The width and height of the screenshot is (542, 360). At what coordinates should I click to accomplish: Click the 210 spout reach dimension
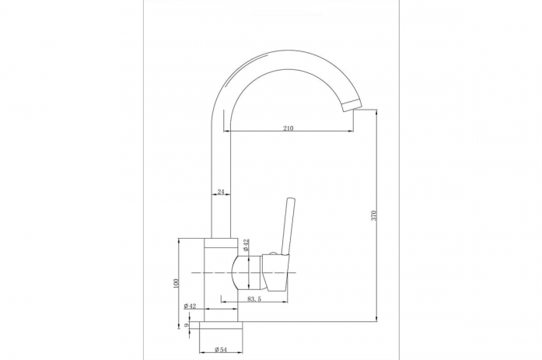click(288, 128)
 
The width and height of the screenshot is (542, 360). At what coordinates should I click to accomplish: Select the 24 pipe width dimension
click(221, 192)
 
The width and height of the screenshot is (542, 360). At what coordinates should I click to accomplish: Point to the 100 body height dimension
click(177, 283)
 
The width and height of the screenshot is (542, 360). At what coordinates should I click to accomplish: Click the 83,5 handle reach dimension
click(254, 299)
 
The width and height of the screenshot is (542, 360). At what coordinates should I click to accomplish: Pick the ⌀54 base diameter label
click(221, 350)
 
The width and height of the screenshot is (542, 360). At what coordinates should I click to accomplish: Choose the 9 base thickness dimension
click(187, 325)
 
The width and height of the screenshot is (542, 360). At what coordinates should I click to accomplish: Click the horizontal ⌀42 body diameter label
click(190, 306)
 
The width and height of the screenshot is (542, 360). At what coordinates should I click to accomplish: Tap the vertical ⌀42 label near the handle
click(246, 245)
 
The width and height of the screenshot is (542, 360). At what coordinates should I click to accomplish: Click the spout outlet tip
click(352, 105)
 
